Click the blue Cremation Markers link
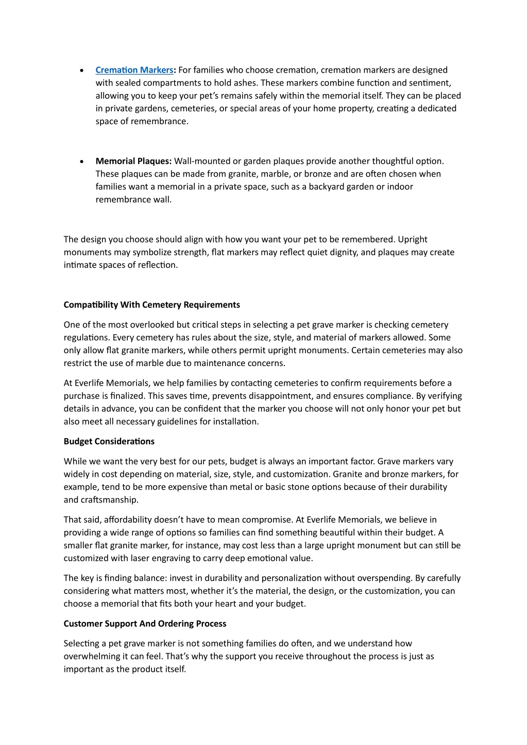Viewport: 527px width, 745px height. pyautogui.click(x=134, y=70)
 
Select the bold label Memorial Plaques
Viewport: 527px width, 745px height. pyautogui.click(x=133, y=161)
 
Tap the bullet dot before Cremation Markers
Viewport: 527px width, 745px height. pyautogui.click(x=82, y=71)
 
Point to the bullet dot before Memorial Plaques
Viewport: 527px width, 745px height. pyautogui.click(x=82, y=162)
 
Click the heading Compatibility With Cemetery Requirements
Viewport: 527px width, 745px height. pyautogui.click(x=151, y=305)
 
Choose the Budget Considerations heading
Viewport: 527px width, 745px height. pyautogui.click(x=109, y=441)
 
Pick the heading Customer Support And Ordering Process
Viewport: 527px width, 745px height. pyautogui.click(x=145, y=623)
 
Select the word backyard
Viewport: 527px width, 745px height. pyautogui.click(x=326, y=186)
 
